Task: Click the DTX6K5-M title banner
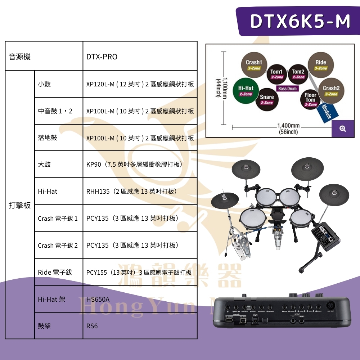[x=300, y=21]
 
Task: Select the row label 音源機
[x=20, y=57]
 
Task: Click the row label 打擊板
[x=20, y=206]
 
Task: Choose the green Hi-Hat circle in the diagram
[x=246, y=90]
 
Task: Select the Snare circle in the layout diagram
[x=267, y=99]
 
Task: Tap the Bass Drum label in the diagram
[x=287, y=89]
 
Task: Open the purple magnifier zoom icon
[x=343, y=129]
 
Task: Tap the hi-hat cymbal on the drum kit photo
[x=225, y=199]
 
